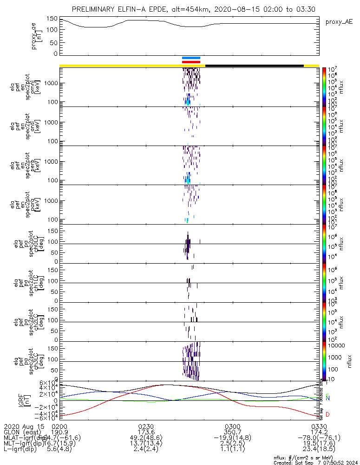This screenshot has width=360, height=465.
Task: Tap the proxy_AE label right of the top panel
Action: pyautogui.click(x=339, y=21)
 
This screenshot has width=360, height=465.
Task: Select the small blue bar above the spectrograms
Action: pyautogui.click(x=191, y=58)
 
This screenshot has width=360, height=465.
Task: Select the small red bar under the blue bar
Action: pyautogui.click(x=191, y=61)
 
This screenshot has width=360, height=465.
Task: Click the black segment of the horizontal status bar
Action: pyautogui.click(x=254, y=66)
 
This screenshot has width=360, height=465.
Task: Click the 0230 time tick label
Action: pyautogui.click(x=146, y=426)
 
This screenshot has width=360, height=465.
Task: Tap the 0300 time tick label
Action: pyautogui.click(x=232, y=426)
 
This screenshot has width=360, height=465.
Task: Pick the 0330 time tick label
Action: pyautogui.click(x=319, y=426)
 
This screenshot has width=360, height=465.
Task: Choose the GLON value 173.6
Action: pyautogui.click(x=146, y=432)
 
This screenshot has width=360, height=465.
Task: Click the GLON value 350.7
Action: pyautogui.click(x=232, y=432)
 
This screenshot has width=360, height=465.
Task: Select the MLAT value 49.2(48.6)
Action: pyautogui.click(x=146, y=438)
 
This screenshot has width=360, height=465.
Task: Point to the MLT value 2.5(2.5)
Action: pyautogui.click(x=232, y=443)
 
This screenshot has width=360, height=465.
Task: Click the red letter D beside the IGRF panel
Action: pyautogui.click(x=327, y=414)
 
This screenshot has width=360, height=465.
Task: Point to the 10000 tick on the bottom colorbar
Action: pyautogui.click(x=337, y=346)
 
